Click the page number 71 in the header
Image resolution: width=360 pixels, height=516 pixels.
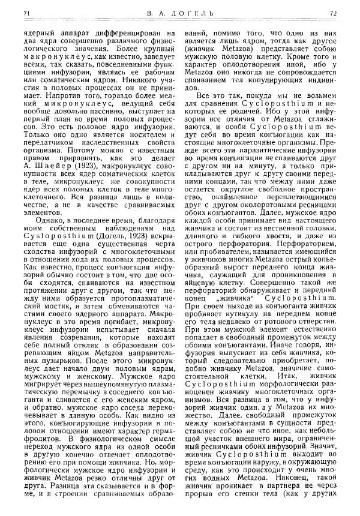point(25,12)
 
